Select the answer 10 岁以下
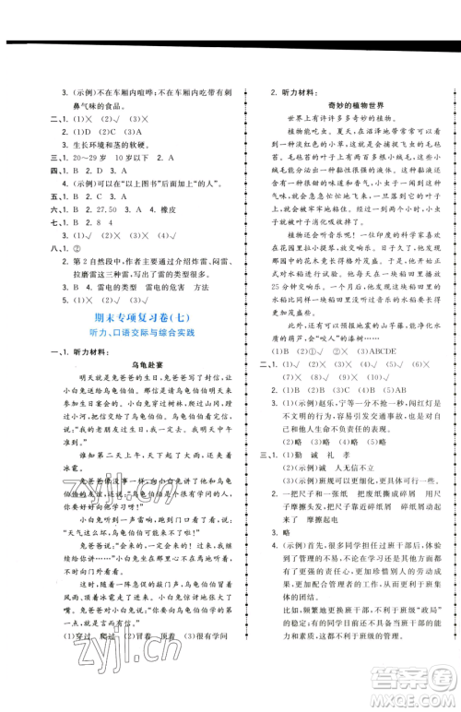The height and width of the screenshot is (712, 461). tap(123, 159)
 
